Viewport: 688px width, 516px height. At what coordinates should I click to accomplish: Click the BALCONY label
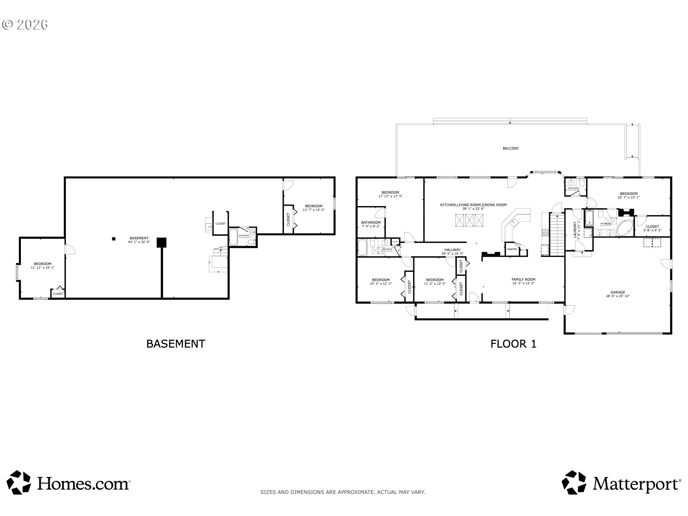[x=510, y=148]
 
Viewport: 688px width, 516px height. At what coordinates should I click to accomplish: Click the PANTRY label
[x=512, y=249]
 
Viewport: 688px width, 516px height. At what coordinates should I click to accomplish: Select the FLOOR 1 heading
[x=513, y=344]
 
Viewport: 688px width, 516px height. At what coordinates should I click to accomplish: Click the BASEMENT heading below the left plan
[x=176, y=344]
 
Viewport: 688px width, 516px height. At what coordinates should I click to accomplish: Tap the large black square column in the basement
[x=162, y=242]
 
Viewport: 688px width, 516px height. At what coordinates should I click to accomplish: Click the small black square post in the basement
[x=114, y=239]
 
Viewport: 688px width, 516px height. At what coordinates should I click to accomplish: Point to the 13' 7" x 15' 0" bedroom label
[x=313, y=208]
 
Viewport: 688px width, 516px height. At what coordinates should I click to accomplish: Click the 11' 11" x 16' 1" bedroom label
[x=42, y=265]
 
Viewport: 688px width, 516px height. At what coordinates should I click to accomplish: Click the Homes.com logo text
[x=83, y=484]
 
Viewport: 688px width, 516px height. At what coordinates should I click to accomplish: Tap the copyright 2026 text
[x=25, y=24]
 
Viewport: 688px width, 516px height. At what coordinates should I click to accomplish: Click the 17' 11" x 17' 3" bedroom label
[x=390, y=194]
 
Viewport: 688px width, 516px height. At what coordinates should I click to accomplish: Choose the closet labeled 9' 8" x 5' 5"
[x=652, y=228]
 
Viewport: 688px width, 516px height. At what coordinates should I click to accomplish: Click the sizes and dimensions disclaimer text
[x=343, y=492]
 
